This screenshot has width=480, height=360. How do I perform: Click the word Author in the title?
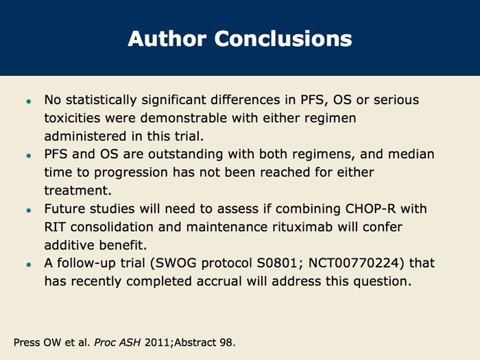[167, 38]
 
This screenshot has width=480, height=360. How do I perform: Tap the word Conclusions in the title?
[283, 38]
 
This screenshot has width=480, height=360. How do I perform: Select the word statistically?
[101, 100]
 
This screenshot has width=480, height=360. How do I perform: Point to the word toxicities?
[72, 118]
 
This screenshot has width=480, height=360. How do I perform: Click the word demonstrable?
[184, 118]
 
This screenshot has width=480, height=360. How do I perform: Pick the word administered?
[86, 136]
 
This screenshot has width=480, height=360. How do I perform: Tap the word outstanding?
[186, 154]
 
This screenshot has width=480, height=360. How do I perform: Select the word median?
[411, 154]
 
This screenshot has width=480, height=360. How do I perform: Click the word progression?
[131, 173]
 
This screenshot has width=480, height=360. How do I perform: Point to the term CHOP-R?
[370, 208]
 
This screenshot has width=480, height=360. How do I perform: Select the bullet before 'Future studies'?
[29, 211]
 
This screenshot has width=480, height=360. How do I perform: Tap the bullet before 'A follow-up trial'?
[29, 265]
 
